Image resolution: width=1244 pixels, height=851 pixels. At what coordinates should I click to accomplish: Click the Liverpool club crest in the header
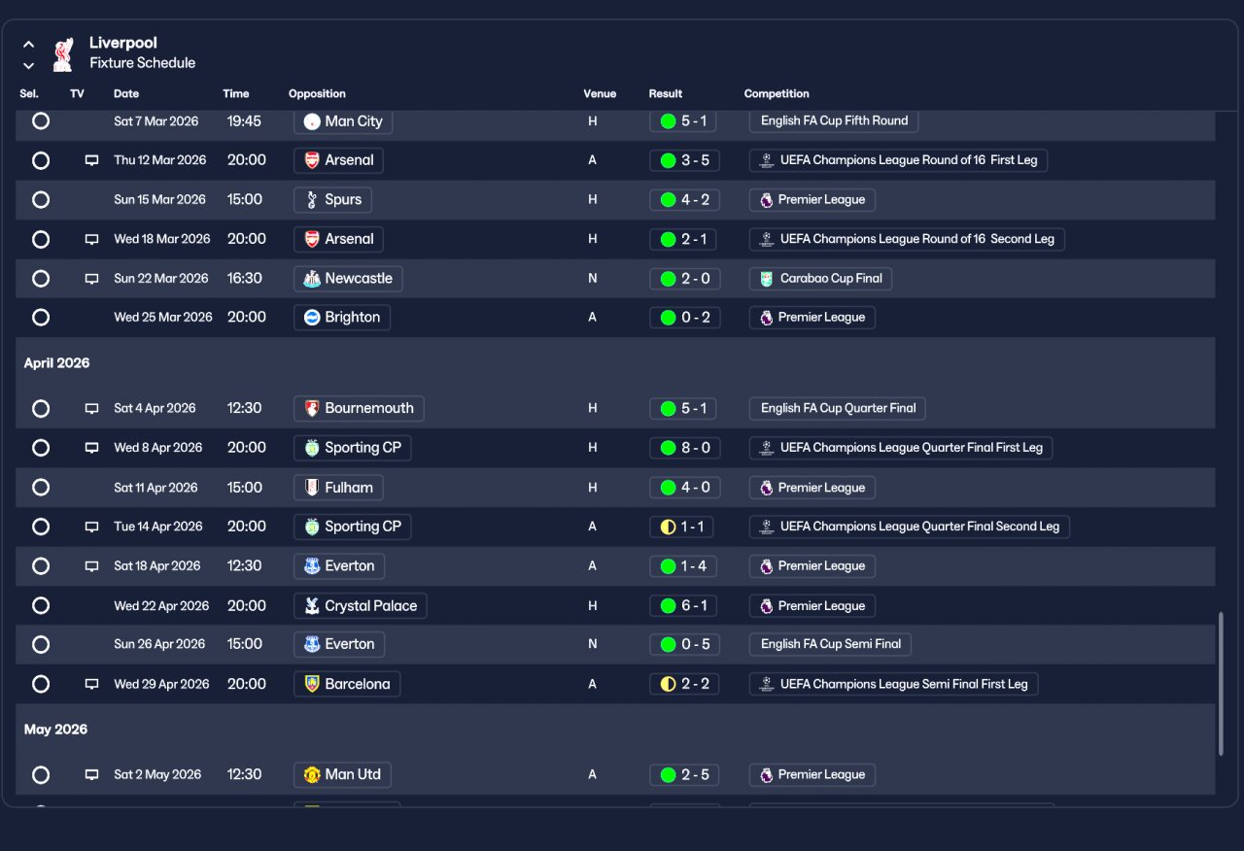coord(63,53)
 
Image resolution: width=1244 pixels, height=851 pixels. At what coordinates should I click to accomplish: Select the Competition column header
coord(777,94)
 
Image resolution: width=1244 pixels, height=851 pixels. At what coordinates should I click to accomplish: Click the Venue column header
coord(600,94)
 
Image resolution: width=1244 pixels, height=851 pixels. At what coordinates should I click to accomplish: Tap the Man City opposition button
coord(343,121)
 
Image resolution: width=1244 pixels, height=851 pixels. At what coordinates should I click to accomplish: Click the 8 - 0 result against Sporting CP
coord(684,448)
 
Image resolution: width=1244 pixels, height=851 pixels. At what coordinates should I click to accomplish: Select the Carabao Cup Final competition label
coord(820,279)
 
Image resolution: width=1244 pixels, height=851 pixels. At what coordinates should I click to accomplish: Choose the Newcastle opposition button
coord(348,279)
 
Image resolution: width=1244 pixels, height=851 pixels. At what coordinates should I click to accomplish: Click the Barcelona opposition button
coord(347,684)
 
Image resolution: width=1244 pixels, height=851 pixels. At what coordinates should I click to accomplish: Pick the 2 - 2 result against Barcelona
coord(684,684)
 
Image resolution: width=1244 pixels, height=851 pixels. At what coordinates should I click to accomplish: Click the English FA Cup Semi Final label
coord(830,644)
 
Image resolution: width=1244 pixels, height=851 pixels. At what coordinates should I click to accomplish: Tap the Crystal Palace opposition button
coord(360,606)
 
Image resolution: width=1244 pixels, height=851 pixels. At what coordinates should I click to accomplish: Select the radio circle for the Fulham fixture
coord(41,488)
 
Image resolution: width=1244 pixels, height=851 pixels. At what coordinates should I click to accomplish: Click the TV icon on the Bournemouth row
coord(92,409)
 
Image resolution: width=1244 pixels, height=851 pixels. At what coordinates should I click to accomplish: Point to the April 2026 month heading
coord(57,363)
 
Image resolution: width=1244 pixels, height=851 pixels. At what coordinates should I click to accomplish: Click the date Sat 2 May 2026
coord(157,775)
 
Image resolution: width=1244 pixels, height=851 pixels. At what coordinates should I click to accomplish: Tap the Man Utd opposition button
coord(342,775)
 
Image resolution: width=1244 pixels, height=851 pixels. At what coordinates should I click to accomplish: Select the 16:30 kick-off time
coord(244,279)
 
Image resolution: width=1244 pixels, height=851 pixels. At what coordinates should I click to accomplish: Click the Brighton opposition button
coord(342,318)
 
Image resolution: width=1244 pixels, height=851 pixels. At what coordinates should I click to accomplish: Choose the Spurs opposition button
coord(332,200)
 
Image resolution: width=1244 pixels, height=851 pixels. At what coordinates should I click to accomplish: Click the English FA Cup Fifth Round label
coord(834,121)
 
